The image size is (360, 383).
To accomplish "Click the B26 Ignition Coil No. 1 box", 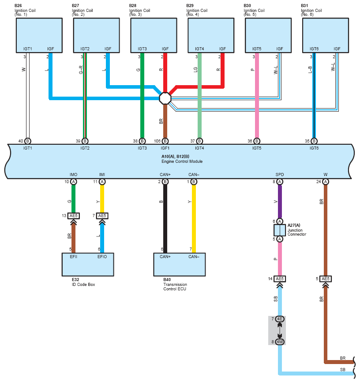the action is pyautogui.click(x=39, y=35).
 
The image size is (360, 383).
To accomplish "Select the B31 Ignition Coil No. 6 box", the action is pyautogui.click(x=325, y=35).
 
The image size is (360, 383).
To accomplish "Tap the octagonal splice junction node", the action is pyautogui.click(x=165, y=98).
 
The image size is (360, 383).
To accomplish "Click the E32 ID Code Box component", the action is pyautogui.click(x=88, y=265).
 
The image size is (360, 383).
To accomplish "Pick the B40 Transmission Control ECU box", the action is pyautogui.click(x=180, y=265).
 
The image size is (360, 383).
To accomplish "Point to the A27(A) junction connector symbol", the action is pyautogui.click(x=280, y=230).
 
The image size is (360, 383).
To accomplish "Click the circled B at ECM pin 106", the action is pyautogui.click(x=165, y=141).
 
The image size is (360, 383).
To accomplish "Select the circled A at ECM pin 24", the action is pyautogui.click(x=325, y=182).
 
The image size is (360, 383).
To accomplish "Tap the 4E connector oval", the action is pyautogui.click(x=280, y=319).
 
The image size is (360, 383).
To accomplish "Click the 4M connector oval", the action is pyautogui.click(x=280, y=342).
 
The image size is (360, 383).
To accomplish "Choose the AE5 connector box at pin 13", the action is pyautogui.click(x=74, y=216).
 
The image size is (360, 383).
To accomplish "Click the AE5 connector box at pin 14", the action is pyautogui.click(x=280, y=279).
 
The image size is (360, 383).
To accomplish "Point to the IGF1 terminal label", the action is pyautogui.click(x=165, y=148).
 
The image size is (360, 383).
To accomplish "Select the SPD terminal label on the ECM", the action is pyautogui.click(x=280, y=175).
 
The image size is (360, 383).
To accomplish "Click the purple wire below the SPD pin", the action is pyautogui.click(x=280, y=202).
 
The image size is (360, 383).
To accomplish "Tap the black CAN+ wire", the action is pyautogui.click(x=165, y=219).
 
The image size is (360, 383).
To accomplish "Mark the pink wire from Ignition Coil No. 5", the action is pyautogui.click(x=257, y=95).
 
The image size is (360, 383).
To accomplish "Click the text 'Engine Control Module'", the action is pyautogui.click(x=182, y=161).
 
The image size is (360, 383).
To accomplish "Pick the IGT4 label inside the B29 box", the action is pyautogui.click(x=199, y=49).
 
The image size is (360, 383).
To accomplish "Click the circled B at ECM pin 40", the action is pyautogui.click(x=28, y=141).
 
